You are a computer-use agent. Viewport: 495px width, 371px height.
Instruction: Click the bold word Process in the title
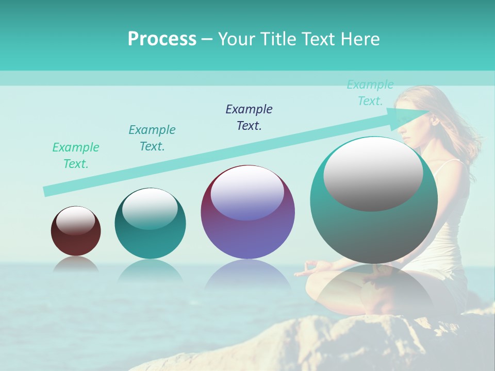click(x=162, y=39)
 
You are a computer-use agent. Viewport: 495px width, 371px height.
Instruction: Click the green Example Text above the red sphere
click(x=76, y=156)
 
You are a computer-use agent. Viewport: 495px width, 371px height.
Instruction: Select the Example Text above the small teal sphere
click(x=152, y=138)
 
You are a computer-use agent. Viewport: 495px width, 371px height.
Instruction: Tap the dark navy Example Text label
click(x=249, y=117)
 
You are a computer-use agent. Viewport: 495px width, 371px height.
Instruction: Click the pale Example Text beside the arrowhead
click(x=370, y=93)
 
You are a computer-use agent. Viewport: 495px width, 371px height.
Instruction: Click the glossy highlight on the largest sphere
click(x=373, y=174)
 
